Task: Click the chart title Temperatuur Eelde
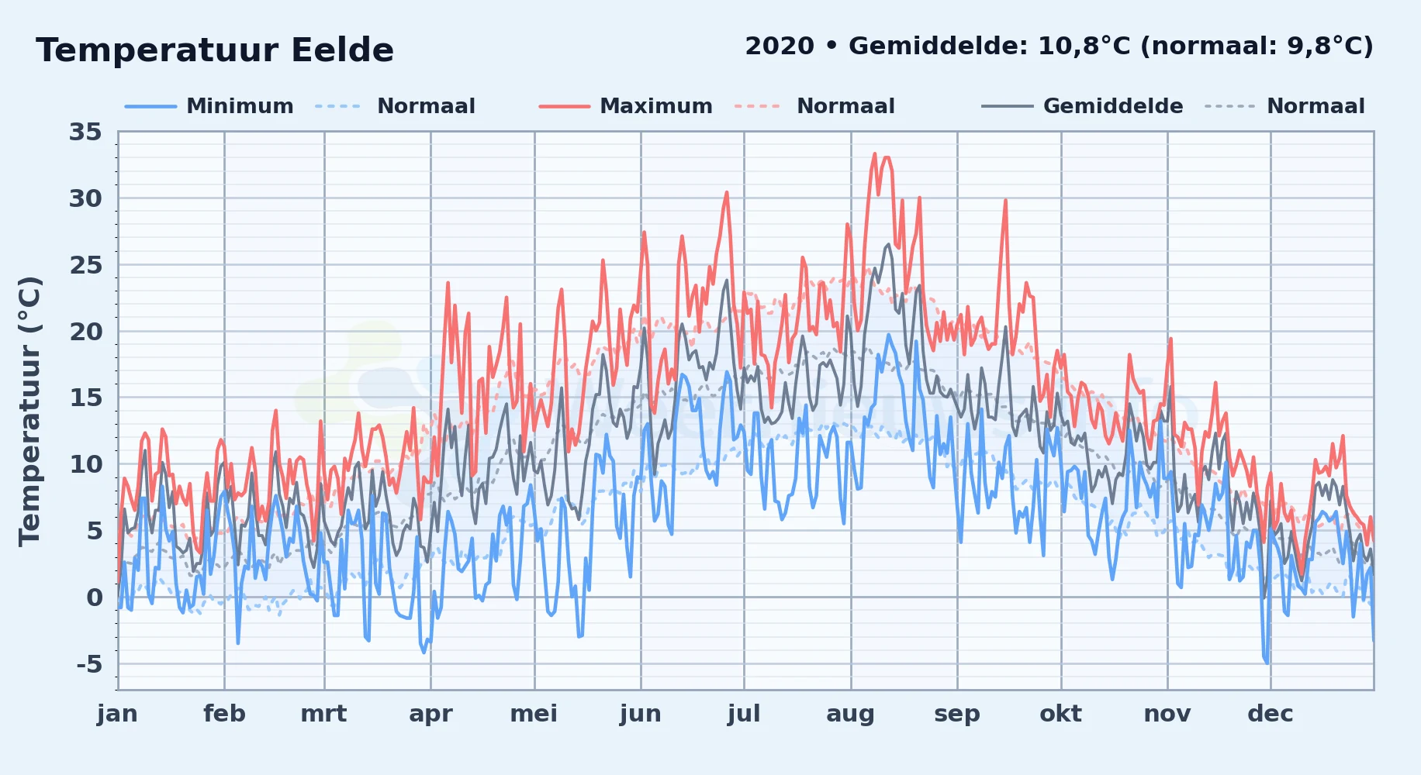pyautogui.click(x=215, y=50)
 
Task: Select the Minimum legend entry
pyautogui.click(x=209, y=106)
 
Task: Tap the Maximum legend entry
pyautogui.click(x=625, y=106)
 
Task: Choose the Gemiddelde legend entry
pyautogui.click(x=1082, y=106)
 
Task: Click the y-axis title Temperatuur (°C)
pyautogui.click(x=29, y=411)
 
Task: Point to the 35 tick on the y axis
pyautogui.click(x=85, y=133)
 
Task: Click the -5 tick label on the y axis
pyautogui.click(x=89, y=664)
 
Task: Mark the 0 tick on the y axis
pyautogui.click(x=95, y=598)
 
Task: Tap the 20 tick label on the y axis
pyautogui.click(x=85, y=332)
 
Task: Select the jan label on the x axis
pyautogui.click(x=117, y=714)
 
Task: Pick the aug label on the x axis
pyautogui.click(x=850, y=715)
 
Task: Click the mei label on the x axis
pyautogui.click(x=534, y=714)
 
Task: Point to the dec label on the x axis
pyautogui.click(x=1271, y=714)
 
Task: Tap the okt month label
pyautogui.click(x=1061, y=714)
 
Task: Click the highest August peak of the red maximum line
pyautogui.click(x=875, y=153)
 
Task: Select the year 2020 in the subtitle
pyautogui.click(x=780, y=46)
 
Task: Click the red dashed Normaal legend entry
pyautogui.click(x=814, y=106)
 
